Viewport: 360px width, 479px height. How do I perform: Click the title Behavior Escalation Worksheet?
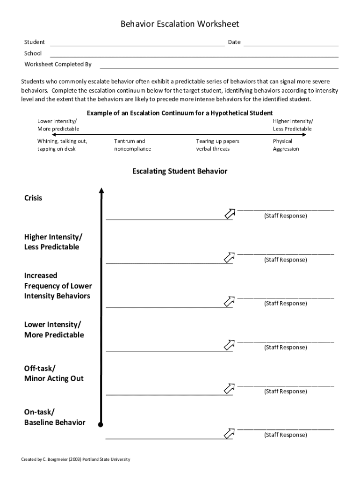pos(180,24)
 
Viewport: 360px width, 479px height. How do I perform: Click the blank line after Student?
pos(137,45)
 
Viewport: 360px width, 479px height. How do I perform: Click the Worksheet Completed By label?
pos(58,65)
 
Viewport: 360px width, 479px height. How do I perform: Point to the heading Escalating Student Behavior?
pos(180,171)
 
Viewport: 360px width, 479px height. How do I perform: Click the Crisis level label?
pos(33,198)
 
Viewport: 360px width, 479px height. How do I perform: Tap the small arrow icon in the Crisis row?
pos(229,214)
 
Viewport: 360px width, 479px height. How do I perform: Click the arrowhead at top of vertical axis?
pos(101,190)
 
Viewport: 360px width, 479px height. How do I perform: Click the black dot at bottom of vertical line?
pos(101,425)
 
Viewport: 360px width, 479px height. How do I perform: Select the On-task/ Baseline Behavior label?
pos(55,417)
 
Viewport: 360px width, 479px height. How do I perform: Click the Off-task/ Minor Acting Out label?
pos(54,373)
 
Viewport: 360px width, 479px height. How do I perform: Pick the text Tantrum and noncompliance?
pos(132,145)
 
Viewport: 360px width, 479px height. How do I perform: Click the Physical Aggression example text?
pos(286,145)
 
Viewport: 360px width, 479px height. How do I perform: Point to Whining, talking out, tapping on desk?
pos(62,145)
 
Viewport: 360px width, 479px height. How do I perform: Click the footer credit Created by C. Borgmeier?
pos(76,459)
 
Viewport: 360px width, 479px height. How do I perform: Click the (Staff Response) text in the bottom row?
pos(285,435)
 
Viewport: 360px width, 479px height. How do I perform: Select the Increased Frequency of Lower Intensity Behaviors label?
pos(58,286)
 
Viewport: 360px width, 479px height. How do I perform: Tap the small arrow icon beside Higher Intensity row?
pos(229,257)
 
